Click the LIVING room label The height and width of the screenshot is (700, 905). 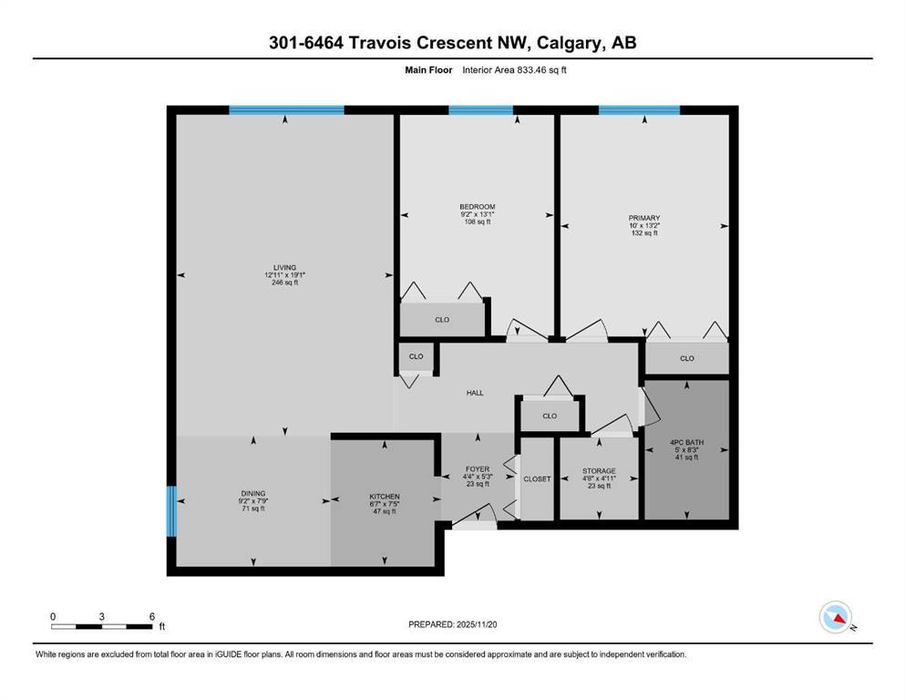285,266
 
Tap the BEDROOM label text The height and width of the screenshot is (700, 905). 477,207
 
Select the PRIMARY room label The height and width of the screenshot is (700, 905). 643,217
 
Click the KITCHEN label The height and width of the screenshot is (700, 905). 384,497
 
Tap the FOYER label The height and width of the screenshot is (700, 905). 477,468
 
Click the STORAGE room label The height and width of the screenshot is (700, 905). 599,471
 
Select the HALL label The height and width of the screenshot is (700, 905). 475,393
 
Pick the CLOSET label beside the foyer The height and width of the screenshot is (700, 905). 537,479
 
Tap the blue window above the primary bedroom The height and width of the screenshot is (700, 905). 639,110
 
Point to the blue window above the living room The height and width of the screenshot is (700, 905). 286,110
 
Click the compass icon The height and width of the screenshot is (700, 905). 834,618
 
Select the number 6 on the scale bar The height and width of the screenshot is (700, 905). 151,616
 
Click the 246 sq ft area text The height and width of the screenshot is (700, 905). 285,283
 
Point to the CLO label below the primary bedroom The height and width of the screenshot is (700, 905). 686,358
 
